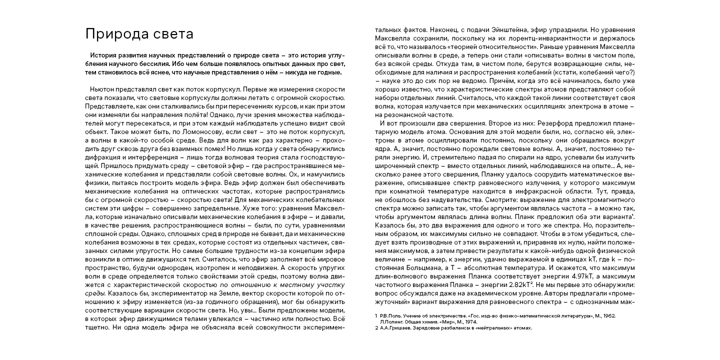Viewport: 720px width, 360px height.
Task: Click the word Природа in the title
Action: [x=111, y=34]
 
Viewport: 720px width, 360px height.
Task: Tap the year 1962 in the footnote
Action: [x=608, y=316]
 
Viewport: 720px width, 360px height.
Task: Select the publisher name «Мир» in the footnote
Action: [x=442, y=322]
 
